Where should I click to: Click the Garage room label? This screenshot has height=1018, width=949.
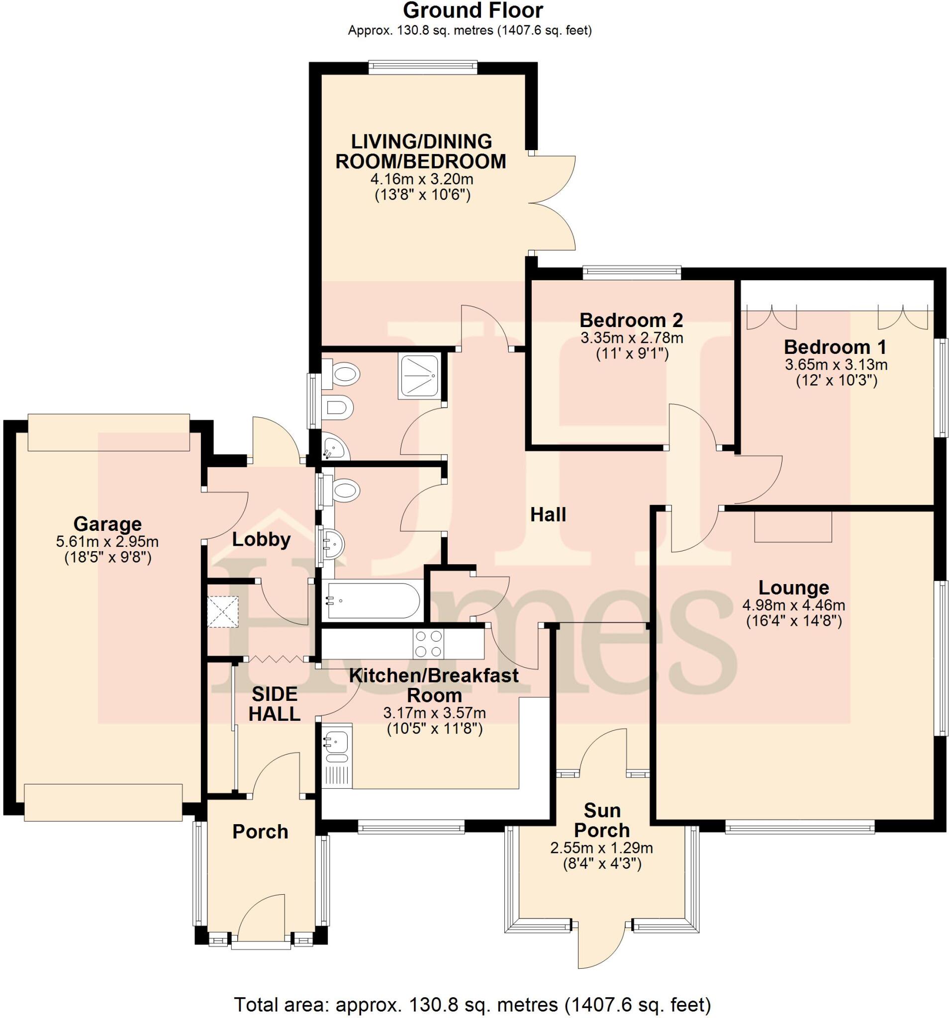click(x=107, y=524)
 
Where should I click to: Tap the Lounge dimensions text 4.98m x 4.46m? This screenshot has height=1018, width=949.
click(x=793, y=605)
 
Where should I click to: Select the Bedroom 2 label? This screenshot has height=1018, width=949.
click(x=631, y=320)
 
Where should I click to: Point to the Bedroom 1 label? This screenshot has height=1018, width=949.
click(x=835, y=347)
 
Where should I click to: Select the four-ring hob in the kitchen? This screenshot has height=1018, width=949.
click(x=428, y=644)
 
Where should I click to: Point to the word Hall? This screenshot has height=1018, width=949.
click(x=548, y=514)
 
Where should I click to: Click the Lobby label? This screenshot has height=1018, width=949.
click(x=261, y=540)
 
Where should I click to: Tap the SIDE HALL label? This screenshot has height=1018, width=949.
click(x=275, y=704)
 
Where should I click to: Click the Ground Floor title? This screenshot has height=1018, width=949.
click(x=473, y=10)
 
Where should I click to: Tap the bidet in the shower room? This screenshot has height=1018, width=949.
click(x=338, y=409)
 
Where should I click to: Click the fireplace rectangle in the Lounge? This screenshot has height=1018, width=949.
click(x=793, y=527)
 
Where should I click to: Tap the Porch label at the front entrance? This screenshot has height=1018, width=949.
click(x=260, y=832)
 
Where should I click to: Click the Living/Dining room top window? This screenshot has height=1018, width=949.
click(x=422, y=67)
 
